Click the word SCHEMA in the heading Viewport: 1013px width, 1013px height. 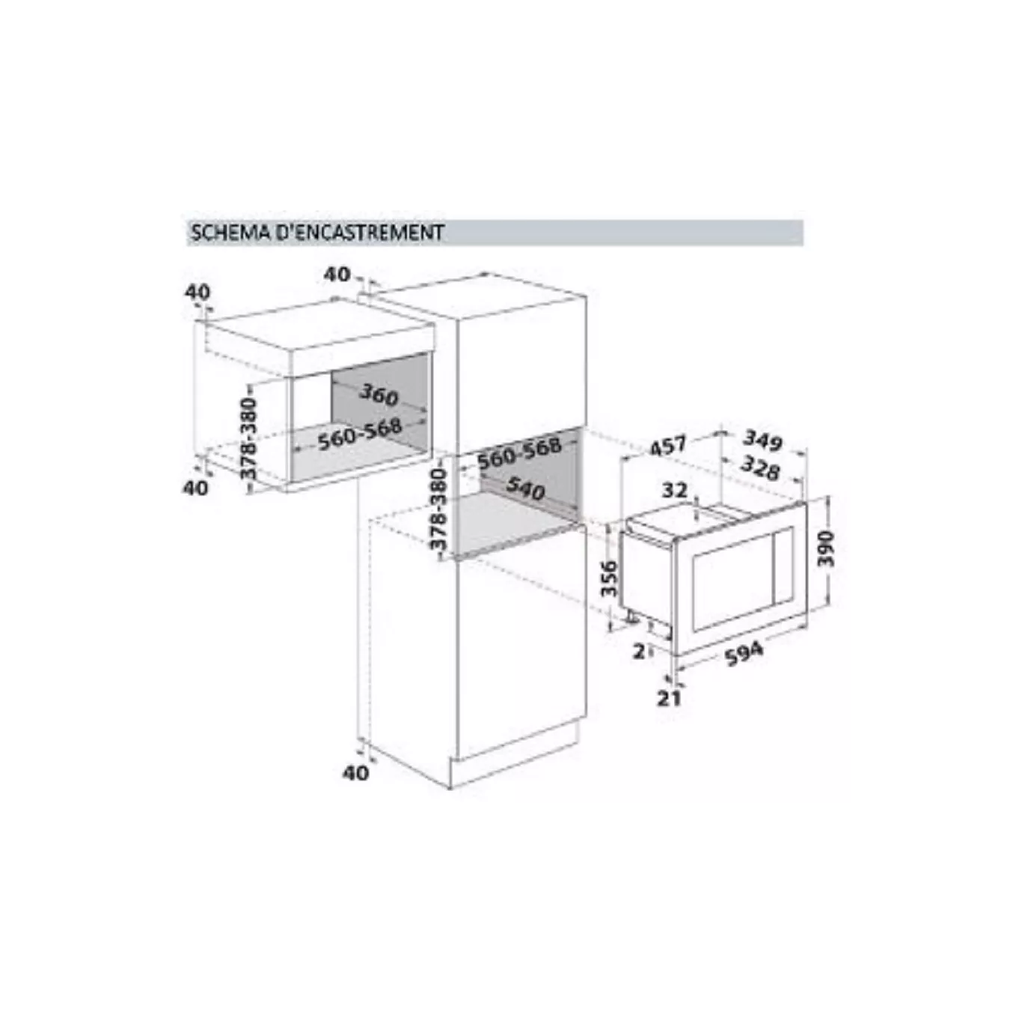coord(230,233)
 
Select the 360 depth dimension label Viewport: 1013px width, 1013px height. coord(379,395)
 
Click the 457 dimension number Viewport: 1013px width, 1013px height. coord(668,446)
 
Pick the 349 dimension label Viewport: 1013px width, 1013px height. coord(764,441)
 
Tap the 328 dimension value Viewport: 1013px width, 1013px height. coord(760,468)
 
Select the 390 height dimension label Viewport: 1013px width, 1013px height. coord(827,549)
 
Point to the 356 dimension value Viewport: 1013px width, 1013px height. coord(609,578)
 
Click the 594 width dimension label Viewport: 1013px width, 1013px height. coord(744,653)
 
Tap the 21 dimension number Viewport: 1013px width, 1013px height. coord(669,699)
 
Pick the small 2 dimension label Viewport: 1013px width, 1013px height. coord(639,652)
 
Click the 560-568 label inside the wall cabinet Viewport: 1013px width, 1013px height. coord(360,434)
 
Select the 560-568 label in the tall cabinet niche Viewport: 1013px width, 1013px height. coord(519,453)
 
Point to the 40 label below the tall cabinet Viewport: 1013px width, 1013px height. coord(356,773)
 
